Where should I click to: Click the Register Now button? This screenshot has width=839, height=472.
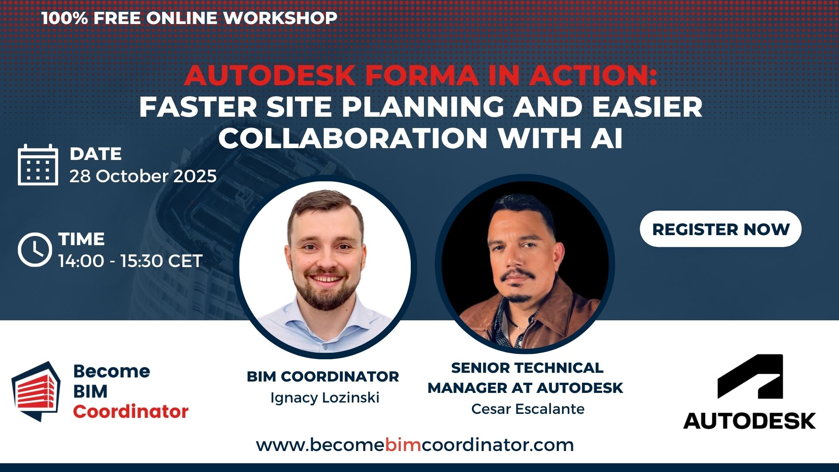tap(721, 229)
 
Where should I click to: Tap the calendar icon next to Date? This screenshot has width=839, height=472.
tap(38, 165)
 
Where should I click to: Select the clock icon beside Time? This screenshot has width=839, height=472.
tap(35, 250)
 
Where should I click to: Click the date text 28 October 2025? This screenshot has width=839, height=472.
tap(143, 176)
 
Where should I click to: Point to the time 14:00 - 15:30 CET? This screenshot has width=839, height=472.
tap(130, 261)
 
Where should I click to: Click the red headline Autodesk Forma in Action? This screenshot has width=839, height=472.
tap(420, 75)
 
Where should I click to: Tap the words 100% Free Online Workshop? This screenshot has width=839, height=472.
tap(189, 18)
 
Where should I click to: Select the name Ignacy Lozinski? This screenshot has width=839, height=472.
tap(325, 398)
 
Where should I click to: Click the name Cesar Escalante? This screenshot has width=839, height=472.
tap(527, 409)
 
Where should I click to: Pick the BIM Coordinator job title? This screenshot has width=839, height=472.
tap(322, 376)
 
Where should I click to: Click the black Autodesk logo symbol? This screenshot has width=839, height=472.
tap(750, 376)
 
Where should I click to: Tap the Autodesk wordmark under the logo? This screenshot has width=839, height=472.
tap(749, 421)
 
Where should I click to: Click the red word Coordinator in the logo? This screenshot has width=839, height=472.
tap(131, 411)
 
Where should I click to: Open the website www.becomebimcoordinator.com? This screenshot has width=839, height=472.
tap(415, 445)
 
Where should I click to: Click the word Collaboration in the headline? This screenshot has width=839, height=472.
tap(353, 138)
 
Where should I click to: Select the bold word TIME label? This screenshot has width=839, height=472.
tap(82, 239)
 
